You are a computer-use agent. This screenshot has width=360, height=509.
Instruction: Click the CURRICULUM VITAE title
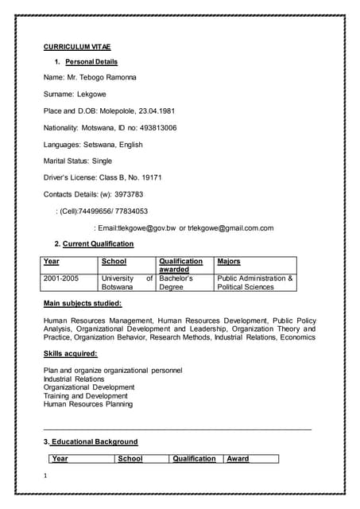[77, 47]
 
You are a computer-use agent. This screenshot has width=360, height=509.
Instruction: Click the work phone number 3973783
[127, 194]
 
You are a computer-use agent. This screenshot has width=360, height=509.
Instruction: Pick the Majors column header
[229, 261]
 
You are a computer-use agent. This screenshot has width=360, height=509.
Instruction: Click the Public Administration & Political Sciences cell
[254, 282]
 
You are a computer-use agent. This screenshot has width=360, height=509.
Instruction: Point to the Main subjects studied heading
[83, 304]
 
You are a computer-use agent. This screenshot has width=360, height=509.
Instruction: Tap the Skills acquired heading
[71, 353]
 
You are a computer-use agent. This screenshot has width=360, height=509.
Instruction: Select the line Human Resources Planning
[88, 404]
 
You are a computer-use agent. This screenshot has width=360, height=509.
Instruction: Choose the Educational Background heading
[94, 441]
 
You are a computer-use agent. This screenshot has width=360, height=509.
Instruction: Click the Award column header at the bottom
[238, 459]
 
